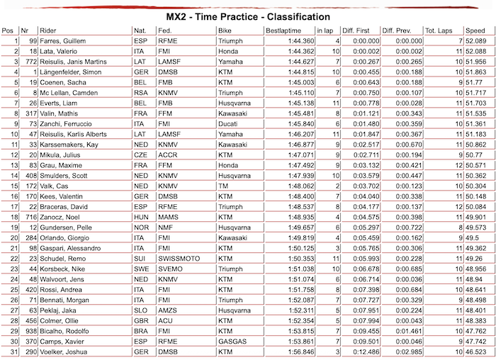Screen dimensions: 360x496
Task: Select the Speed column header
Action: [x=475, y=31]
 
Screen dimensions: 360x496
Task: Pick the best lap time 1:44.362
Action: [x=298, y=52]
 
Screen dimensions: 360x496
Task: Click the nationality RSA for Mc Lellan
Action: [x=140, y=92]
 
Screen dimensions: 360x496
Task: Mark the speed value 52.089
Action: [x=475, y=42]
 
